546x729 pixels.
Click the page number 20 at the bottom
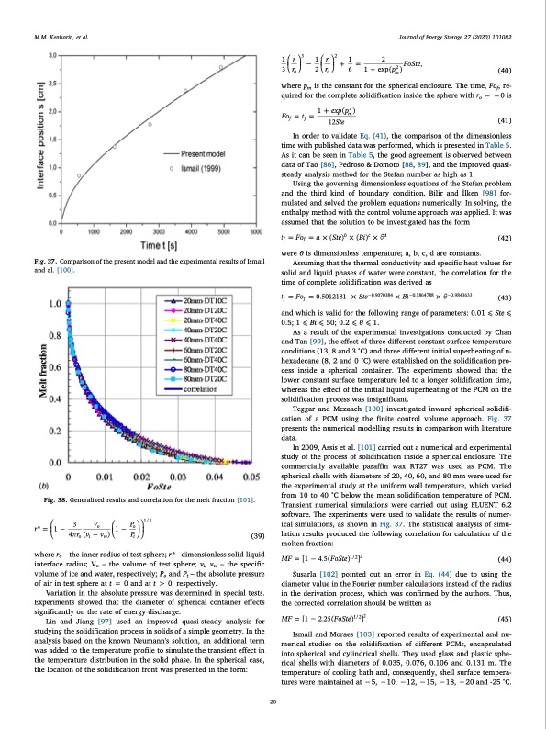coord(273,702)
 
